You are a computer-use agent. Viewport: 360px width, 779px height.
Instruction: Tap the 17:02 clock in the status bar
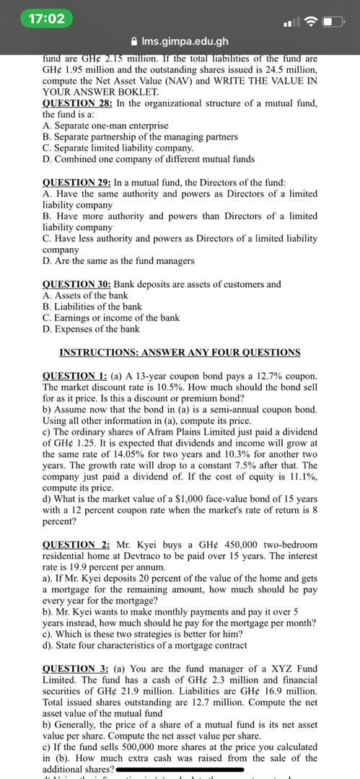click(x=47, y=18)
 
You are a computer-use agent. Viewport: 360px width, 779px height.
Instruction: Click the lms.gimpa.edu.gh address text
click(x=185, y=42)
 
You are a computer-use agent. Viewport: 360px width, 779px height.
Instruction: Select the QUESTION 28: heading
click(x=77, y=103)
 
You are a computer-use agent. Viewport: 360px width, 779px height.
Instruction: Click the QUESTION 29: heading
click(x=77, y=182)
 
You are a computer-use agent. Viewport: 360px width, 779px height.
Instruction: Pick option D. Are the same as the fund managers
click(x=108, y=260)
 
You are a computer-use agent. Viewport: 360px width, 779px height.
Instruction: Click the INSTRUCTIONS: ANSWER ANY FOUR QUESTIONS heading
click(x=180, y=352)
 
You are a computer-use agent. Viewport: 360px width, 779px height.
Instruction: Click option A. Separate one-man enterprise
click(x=105, y=126)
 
